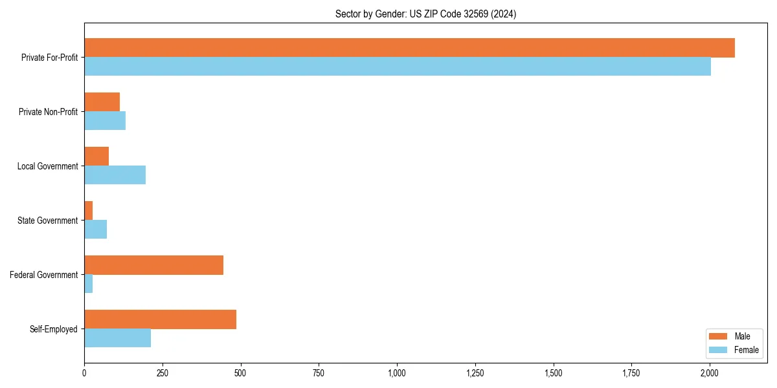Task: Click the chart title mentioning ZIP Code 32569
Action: [425, 14]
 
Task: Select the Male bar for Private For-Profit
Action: [409, 48]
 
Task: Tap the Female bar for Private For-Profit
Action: [398, 67]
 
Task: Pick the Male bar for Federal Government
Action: [153, 265]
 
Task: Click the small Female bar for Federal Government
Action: [89, 284]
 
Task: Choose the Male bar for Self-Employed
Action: [160, 319]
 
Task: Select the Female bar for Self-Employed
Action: [117, 338]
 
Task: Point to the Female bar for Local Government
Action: [115, 175]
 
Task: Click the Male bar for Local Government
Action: [96, 156]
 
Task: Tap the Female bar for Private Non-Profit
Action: [105, 121]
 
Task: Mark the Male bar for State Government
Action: [89, 211]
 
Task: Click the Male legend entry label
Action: [742, 336]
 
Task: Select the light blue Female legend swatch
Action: [719, 350]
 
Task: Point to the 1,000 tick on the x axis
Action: [397, 373]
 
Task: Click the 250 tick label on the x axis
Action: [162, 373]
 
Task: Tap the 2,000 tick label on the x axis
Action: [710, 373]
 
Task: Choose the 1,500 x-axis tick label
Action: [553, 373]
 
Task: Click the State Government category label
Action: [48, 221]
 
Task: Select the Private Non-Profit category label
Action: [48, 112]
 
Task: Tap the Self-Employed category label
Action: [54, 329]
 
